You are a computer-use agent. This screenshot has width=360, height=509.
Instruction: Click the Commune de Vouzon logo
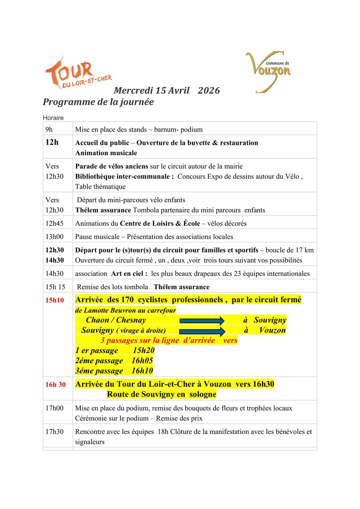pos(268,71)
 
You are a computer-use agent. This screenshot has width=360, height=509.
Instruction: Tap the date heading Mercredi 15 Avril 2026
pos(167,90)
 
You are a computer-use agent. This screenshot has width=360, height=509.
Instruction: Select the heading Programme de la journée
pos(98,102)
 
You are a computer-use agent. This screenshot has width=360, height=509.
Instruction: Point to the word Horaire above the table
pos(53,118)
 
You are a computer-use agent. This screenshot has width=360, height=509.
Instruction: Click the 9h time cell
pos(49,129)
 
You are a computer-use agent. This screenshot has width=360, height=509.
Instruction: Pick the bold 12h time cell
pos(52,142)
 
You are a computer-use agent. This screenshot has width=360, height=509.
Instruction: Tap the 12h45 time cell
pos(54,224)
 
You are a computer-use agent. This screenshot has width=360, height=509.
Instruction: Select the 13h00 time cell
pos(54,237)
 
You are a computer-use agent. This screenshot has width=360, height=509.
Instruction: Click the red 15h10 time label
pos(54,300)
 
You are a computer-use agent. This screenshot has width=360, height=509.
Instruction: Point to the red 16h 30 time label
pos(55,385)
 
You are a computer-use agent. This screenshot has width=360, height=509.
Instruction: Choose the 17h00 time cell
pos(54,408)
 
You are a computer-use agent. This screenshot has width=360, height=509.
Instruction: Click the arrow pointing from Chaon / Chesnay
pos(202,320)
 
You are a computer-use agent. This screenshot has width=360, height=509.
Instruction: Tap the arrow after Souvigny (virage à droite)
pos(202,331)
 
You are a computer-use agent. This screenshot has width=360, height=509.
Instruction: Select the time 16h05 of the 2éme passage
pos(142,361)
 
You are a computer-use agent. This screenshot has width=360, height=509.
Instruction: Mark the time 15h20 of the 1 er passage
pos(144,351)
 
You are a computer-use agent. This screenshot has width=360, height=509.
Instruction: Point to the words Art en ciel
pos(129,274)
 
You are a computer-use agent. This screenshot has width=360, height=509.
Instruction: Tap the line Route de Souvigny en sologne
pos(162,395)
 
